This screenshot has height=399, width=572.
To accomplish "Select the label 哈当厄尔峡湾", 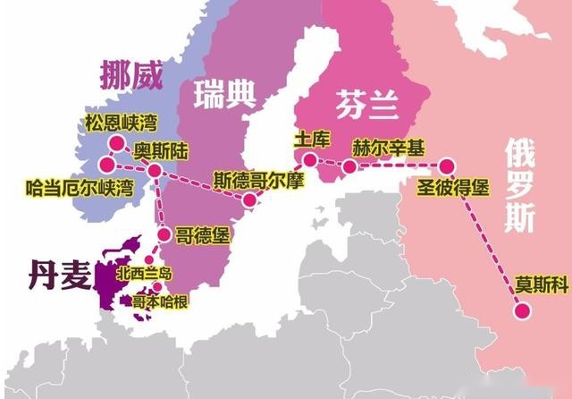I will click(80, 188).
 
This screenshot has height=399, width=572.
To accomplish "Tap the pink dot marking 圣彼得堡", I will click(446, 166).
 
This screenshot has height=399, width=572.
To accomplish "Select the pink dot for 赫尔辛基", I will click(350, 166).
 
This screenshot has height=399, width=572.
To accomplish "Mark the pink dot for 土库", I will click(309, 160).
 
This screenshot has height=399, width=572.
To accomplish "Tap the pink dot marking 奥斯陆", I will click(154, 170).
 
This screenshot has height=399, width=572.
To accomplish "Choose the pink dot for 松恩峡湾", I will click(115, 143).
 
